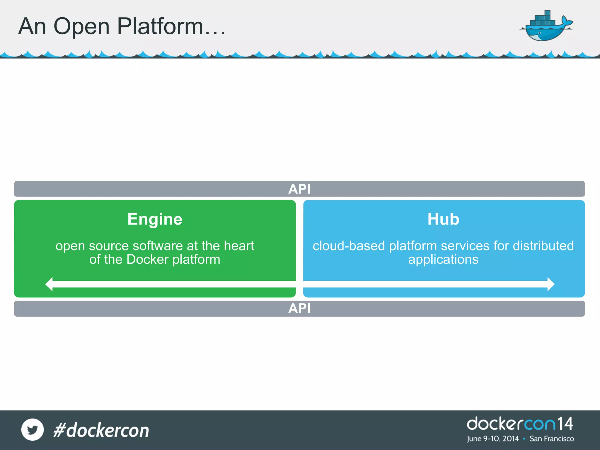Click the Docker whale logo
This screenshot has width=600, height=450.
tap(546, 26)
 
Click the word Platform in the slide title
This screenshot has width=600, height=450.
tap(160, 26)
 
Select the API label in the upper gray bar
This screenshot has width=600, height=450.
tap(299, 189)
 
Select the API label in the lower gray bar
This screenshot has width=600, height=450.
tap(299, 308)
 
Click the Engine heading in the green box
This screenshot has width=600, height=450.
tap(155, 219)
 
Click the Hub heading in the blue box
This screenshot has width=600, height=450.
tap(443, 219)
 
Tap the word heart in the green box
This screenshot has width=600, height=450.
tap(239, 246)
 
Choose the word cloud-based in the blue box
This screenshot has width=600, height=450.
tap(348, 246)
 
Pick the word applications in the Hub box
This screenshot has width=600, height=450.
tap(443, 260)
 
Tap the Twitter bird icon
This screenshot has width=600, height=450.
tap(33, 429)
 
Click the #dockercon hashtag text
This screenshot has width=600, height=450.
tap(101, 430)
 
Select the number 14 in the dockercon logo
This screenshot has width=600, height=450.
tap(565, 424)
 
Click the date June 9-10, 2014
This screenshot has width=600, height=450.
tap(493, 439)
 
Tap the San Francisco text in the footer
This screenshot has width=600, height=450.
tap(552, 439)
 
